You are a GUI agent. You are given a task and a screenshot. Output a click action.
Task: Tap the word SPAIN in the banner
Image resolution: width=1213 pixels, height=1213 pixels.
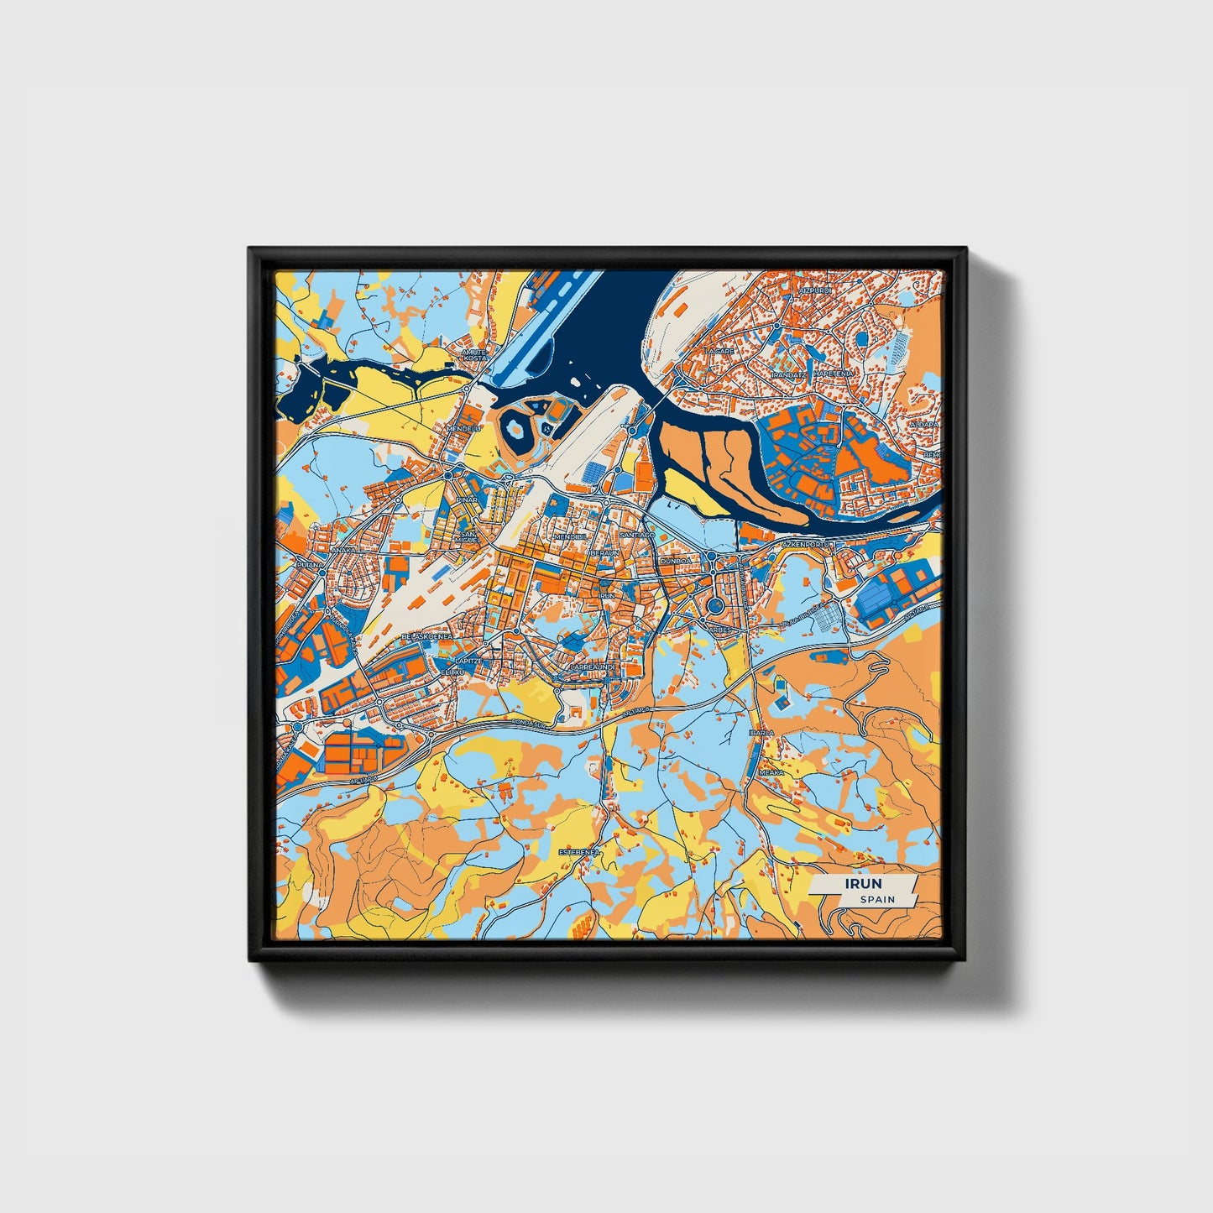tap(877, 899)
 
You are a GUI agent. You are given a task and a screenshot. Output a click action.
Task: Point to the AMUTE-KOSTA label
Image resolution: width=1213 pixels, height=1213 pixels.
tap(475, 355)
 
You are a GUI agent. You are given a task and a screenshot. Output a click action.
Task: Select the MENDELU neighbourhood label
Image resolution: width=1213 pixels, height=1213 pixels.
tap(463, 428)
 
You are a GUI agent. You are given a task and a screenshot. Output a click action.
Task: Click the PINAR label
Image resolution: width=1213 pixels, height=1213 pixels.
tap(467, 499)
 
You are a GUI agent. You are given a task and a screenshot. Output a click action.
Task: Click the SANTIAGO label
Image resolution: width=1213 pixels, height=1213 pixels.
tap(635, 535)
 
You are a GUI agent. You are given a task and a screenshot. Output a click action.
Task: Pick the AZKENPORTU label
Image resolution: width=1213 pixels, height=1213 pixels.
tap(805, 544)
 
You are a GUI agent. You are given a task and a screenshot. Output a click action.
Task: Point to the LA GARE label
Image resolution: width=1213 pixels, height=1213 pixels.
tap(719, 350)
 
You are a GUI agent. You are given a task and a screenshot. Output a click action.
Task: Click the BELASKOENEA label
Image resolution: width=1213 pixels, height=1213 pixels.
tap(427, 636)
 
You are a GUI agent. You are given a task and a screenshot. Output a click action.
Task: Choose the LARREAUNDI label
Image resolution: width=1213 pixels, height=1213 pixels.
tap(593, 667)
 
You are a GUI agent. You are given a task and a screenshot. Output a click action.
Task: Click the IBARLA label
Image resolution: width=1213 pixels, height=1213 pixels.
tap(761, 733)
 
